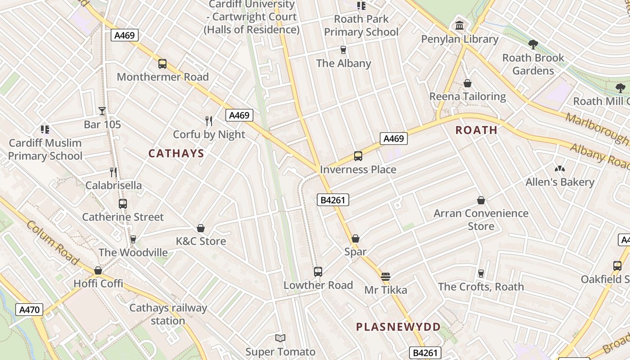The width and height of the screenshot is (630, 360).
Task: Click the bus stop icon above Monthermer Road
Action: [162, 64]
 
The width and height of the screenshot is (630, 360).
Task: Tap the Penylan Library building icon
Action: [459, 26]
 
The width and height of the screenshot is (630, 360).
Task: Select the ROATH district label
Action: [476, 130]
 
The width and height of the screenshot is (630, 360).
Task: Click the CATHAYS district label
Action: [176, 154]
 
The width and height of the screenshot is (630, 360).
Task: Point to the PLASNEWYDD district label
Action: [398, 327]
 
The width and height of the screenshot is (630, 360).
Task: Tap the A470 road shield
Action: [30, 310]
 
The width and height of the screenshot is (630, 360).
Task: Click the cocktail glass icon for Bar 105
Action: [102, 111]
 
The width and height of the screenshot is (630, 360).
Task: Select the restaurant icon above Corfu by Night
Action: [209, 121]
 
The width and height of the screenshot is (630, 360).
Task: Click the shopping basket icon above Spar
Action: [355, 238]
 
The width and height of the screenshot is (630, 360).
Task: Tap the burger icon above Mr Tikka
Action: [386, 276]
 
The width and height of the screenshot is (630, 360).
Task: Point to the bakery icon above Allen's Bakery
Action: [560, 169]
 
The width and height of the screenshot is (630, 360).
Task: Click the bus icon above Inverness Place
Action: [358, 156]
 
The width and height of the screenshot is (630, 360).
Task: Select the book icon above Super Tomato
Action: [280, 338]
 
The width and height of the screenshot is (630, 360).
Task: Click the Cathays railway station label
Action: [168, 315]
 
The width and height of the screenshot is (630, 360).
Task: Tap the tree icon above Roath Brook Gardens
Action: [533, 44]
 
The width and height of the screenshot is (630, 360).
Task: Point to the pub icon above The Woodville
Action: [133, 239]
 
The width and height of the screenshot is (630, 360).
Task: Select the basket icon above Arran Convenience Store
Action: [481, 200]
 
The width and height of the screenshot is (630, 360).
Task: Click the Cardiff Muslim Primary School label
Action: [45, 149]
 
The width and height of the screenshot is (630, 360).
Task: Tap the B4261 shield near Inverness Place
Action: [333, 200]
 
